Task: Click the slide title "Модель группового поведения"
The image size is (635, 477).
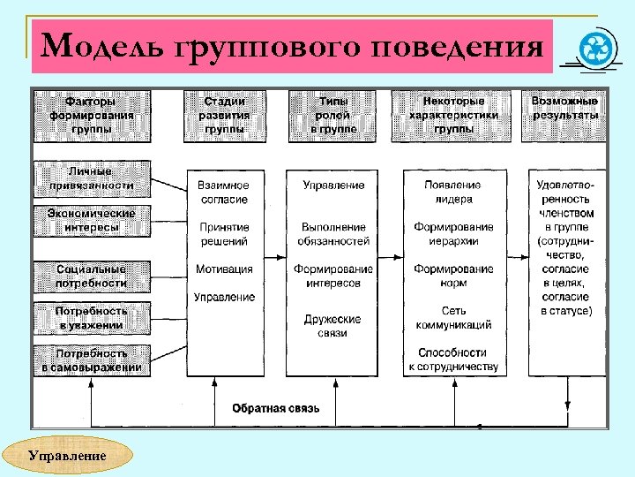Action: pos(291,46)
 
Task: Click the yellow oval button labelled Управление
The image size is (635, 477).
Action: pos(67,457)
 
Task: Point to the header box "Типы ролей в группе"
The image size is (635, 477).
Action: pos(332,115)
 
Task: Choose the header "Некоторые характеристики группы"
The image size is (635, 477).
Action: pos(452,115)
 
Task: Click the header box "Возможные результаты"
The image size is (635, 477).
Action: pos(564,109)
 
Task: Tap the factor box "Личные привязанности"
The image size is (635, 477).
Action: pos(91,178)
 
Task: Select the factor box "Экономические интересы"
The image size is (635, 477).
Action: pos(91,220)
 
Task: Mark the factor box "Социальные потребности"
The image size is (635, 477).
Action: pos(91,276)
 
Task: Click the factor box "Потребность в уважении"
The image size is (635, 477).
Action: pos(91,318)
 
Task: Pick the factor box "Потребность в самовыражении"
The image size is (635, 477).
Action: pos(91,360)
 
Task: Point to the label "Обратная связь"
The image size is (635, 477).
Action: pos(275,408)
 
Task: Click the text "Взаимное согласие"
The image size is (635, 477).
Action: pos(223,193)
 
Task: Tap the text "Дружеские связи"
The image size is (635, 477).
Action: pos(332,326)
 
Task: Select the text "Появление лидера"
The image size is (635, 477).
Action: pos(452,193)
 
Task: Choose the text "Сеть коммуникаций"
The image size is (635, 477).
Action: pos(452,318)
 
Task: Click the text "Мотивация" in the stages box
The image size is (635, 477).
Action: pos(223,269)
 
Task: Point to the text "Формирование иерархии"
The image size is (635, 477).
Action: pos(452,234)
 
